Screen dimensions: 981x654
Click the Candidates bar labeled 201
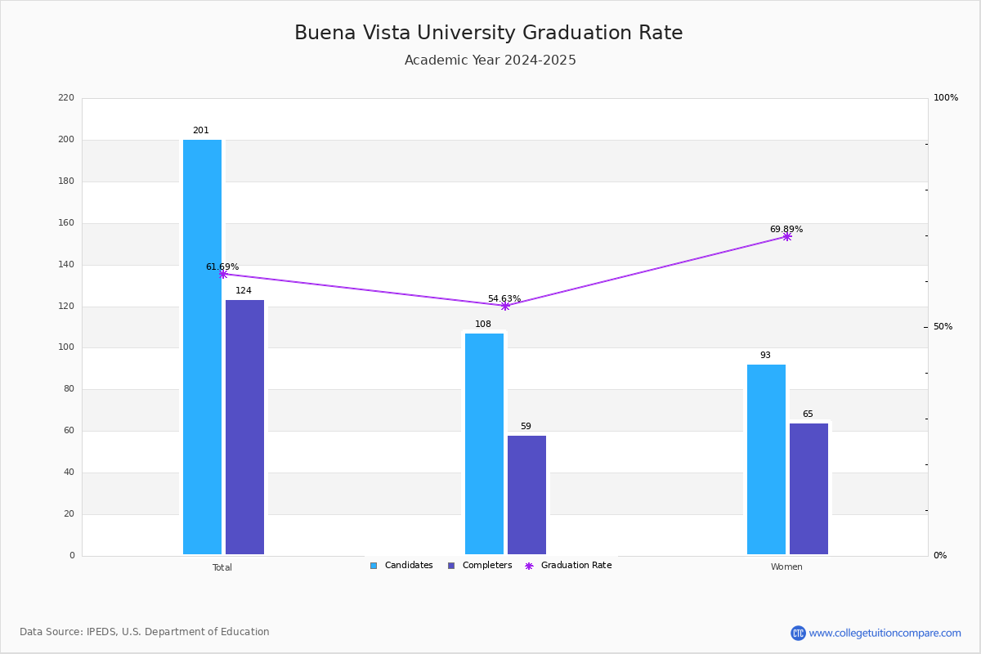pos(203,347)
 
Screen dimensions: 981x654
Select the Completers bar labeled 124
pos(244,427)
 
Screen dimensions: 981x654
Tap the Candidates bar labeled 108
pos(484,444)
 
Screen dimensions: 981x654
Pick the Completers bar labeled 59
pos(526,495)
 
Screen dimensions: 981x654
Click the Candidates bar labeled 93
pos(767,459)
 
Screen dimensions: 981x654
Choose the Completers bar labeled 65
pos(809,489)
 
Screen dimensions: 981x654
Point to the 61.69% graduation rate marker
pos(223,274)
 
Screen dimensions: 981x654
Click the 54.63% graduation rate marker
pos(505,307)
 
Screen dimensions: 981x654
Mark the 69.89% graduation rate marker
pos(787,236)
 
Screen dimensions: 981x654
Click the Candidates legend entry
pos(401,566)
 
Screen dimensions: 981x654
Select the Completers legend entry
pos(480,566)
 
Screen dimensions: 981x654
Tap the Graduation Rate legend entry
pos(568,566)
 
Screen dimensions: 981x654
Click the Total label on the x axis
pos(222,567)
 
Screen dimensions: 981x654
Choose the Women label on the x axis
pos(786,567)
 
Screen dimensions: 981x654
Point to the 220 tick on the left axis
pos(66,97)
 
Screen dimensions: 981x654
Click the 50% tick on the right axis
pos(943,327)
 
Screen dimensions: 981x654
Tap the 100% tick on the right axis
pos(946,97)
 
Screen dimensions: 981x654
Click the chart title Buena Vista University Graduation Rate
pos(489,33)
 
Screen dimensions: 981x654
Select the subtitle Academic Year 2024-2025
pos(490,60)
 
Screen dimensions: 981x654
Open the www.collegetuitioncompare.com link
pos(885,633)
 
